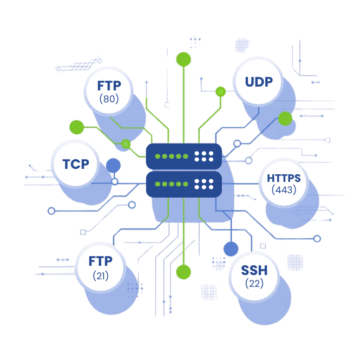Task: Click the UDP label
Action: point(259,82)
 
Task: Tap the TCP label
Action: point(76,163)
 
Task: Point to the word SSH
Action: point(254,271)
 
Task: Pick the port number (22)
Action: point(254,284)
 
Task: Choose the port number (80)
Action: point(109,99)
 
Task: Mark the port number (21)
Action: point(101,276)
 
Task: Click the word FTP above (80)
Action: point(109,86)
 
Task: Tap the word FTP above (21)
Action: point(101,262)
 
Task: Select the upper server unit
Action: point(184,156)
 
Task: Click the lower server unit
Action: point(184,184)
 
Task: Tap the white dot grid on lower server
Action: point(204,184)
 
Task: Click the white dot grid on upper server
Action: point(204,156)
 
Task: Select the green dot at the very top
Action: point(184,58)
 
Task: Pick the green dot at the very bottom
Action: point(184,271)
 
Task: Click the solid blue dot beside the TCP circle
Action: point(113,165)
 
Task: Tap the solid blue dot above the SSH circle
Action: point(231,249)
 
